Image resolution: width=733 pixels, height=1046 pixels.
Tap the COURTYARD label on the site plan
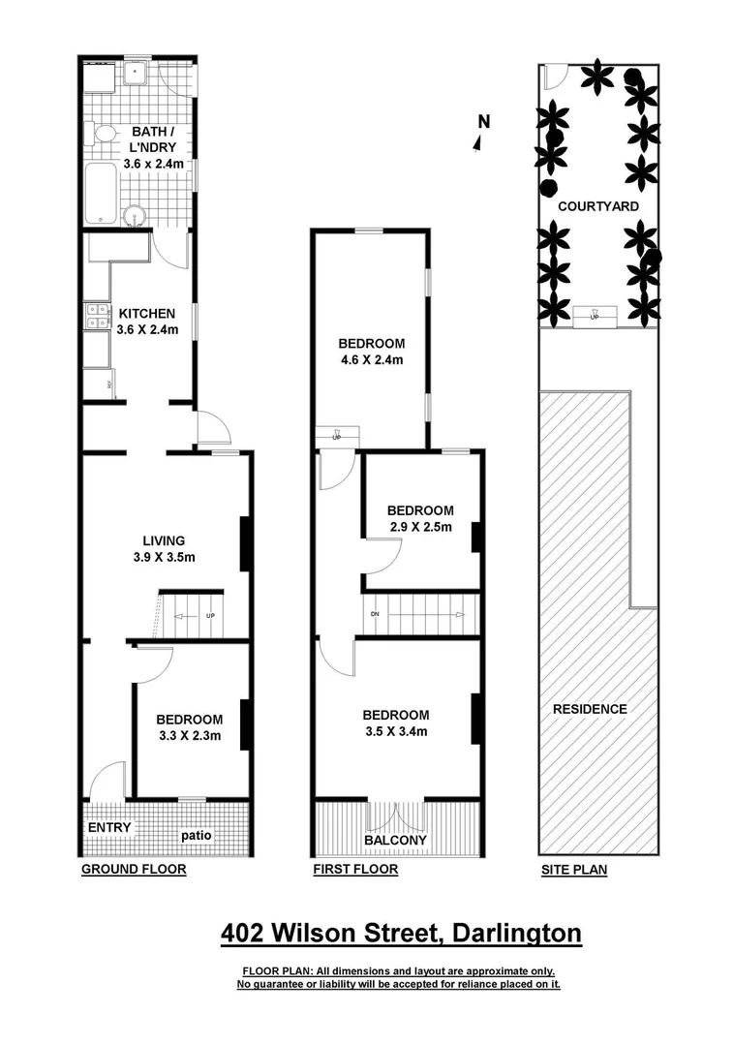point(597,206)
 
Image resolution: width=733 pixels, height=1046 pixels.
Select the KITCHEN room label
point(146,314)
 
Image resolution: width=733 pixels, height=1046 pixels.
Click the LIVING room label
point(163,541)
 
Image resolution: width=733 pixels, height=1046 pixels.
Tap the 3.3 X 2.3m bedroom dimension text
point(190,736)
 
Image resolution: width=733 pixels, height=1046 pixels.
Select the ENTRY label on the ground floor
point(109,828)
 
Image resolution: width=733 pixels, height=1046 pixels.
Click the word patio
point(195,835)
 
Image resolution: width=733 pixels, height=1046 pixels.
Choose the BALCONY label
point(395,841)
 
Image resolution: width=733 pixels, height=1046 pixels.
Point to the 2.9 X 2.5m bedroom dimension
point(419,528)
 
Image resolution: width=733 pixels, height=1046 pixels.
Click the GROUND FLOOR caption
point(133,870)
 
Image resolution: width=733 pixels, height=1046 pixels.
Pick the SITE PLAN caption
point(574,870)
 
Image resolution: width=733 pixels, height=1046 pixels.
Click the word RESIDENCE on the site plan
point(590,709)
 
